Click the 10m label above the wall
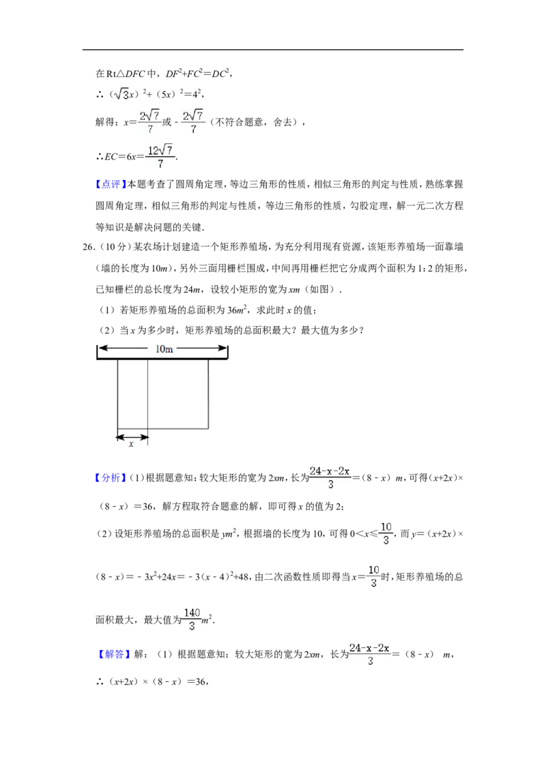164,349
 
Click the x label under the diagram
131,444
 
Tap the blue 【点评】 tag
111,185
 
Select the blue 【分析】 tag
111,477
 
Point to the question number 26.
88,247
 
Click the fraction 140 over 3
192,619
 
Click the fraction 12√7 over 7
160,156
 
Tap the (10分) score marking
113,247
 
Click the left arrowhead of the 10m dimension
102,348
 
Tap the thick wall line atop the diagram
162,359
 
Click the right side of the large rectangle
208,394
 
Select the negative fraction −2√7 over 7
190,121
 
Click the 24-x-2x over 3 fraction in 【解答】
370,654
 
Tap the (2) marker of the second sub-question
106,330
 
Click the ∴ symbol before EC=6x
99,157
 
